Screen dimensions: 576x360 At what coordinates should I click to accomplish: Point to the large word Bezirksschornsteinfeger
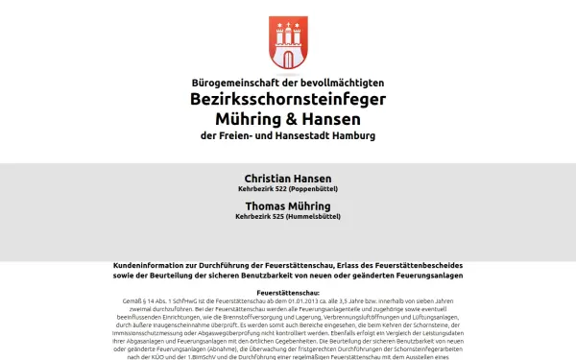click(x=287, y=101)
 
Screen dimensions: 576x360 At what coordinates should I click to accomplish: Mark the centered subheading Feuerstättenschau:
click(x=288, y=292)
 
